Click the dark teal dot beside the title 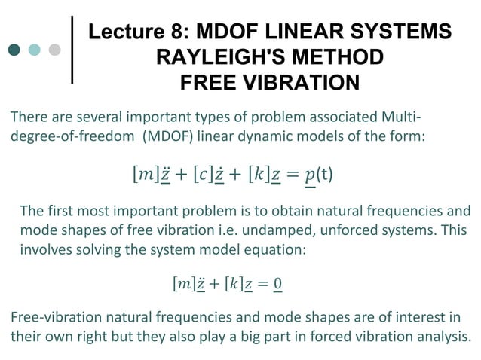coord(14,50)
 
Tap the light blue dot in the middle coord(34,50)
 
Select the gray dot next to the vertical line coord(54,50)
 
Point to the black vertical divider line coord(72,49)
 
